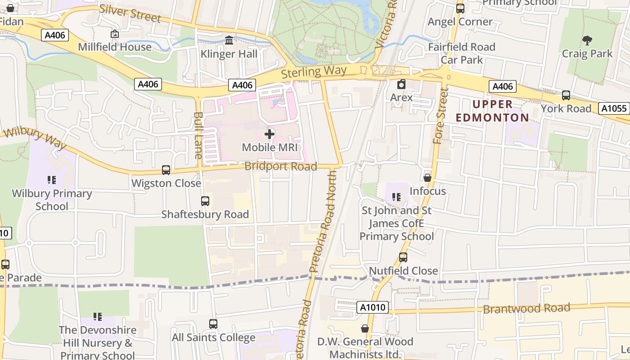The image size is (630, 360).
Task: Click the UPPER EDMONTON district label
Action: tap(493, 111)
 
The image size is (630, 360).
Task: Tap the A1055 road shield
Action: tap(614, 108)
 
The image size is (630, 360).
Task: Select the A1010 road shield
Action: tap(373, 307)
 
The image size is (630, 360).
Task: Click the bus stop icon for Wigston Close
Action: tap(166, 170)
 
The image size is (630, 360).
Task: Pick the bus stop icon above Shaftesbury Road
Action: tap(205, 201)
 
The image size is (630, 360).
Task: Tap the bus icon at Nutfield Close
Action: tap(403, 257)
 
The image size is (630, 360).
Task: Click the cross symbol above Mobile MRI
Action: tap(270, 134)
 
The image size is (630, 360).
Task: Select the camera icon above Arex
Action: tap(401, 84)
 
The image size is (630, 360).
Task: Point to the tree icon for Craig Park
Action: tap(587, 40)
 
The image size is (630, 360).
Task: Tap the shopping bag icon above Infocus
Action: tap(427, 178)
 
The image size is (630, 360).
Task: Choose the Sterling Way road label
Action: tap(314, 72)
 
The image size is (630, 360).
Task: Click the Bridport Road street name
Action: tap(281, 166)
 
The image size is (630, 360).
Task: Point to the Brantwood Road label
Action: tap(526, 309)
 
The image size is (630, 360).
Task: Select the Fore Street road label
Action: tap(441, 116)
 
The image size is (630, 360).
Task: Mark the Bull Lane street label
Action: tap(198, 135)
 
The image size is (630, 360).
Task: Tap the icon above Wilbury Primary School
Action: tap(52, 180)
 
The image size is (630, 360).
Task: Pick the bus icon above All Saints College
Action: tap(213, 324)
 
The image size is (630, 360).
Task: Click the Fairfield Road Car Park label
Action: tap(462, 53)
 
